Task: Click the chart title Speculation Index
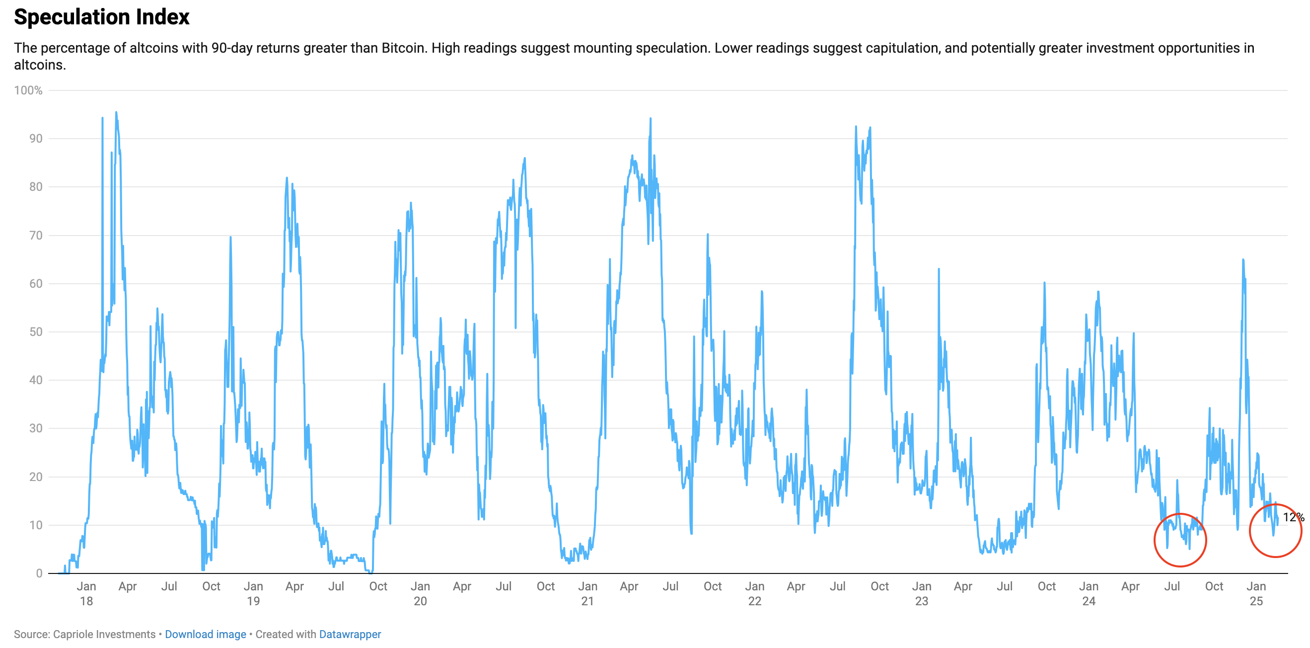[102, 17]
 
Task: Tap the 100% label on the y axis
[28, 90]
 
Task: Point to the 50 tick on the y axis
[36, 332]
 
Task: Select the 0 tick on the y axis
[39, 573]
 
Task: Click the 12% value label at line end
[1293, 517]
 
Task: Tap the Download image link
[206, 634]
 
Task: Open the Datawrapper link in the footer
[350, 634]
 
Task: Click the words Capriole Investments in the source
[104, 634]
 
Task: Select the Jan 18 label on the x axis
[86, 593]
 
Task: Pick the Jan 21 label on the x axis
[587, 593]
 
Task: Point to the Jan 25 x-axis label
[1256, 593]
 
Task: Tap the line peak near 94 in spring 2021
[651, 119]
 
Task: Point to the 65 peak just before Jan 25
[1243, 259]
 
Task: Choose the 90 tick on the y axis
[36, 139]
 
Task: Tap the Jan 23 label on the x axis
[922, 593]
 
